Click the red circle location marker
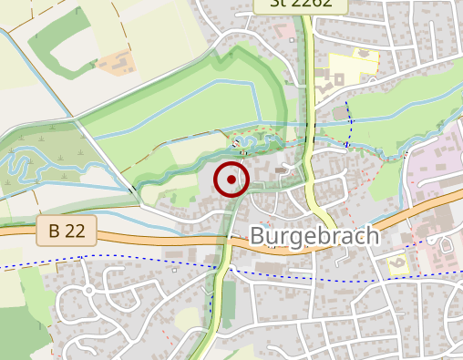click(231, 180)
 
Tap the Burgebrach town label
click(314, 237)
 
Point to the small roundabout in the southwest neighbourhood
click(89, 291)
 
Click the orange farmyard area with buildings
click(116, 62)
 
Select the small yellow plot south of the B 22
click(399, 264)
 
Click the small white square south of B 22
click(173, 270)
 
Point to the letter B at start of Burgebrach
click(257, 237)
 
